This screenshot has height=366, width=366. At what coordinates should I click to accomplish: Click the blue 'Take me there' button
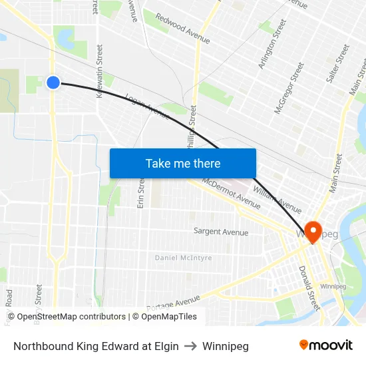(x=182, y=163)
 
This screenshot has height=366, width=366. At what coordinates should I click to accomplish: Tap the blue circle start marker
(x=53, y=82)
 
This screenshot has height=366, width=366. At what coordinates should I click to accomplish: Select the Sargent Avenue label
(x=220, y=232)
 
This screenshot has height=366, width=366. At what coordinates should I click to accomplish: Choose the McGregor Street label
(x=289, y=87)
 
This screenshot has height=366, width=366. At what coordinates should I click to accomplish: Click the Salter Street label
(x=337, y=64)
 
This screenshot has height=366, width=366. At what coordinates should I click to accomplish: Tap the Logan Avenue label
(x=147, y=104)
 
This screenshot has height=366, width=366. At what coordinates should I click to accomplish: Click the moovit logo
(x=326, y=345)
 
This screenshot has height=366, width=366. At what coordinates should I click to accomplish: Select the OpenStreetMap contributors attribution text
(x=70, y=317)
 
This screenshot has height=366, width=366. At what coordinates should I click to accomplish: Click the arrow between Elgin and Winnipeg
(x=190, y=346)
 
